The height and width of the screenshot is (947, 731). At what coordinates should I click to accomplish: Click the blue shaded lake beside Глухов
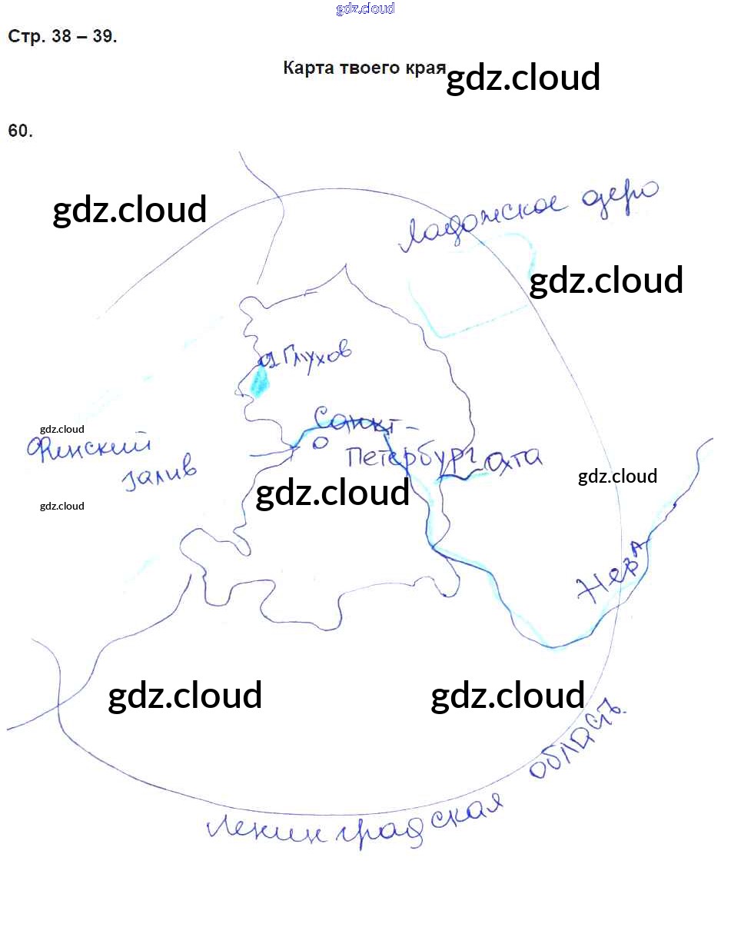259,380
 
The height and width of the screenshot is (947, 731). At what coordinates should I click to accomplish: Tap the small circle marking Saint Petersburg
321,442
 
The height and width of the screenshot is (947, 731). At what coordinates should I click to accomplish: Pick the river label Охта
513,460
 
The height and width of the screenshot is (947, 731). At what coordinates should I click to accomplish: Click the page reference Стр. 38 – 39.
62,37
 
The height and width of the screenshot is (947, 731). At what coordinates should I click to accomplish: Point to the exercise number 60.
21,131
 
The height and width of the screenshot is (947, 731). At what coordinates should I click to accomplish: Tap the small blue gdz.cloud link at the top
365,8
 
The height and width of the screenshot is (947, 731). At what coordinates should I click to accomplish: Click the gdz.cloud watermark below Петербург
332,493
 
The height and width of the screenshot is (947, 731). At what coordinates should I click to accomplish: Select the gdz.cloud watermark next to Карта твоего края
523,78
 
